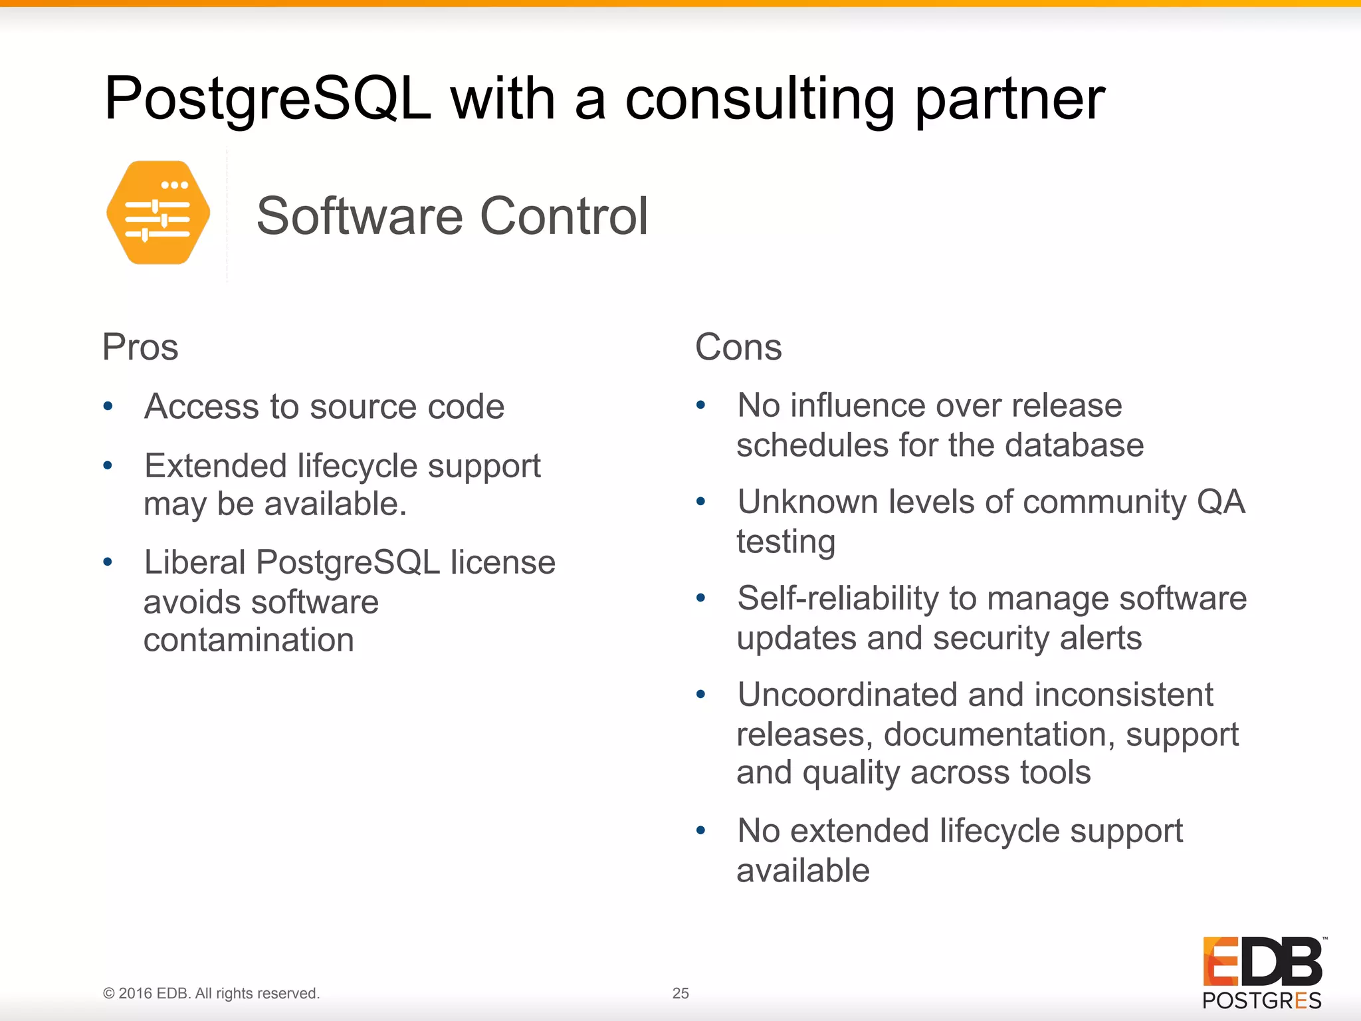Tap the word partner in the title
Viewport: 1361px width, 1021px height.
[x=1009, y=100]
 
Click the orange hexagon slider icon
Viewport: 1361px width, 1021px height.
[x=158, y=213]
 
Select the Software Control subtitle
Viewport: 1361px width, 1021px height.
[x=452, y=216]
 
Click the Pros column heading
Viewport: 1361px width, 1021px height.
[x=140, y=347]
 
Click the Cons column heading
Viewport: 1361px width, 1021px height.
[x=738, y=347]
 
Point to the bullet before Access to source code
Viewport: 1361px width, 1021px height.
[x=108, y=405]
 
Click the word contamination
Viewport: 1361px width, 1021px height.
[x=249, y=640]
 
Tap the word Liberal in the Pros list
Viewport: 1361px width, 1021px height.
[x=195, y=562]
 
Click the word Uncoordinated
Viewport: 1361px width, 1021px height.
[x=847, y=695]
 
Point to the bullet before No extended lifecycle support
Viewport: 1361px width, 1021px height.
[x=700, y=830]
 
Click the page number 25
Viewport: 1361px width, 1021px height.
[x=680, y=993]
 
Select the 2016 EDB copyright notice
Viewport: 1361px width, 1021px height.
[x=211, y=993]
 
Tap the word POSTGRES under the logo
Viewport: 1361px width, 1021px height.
[x=1261, y=1000]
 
